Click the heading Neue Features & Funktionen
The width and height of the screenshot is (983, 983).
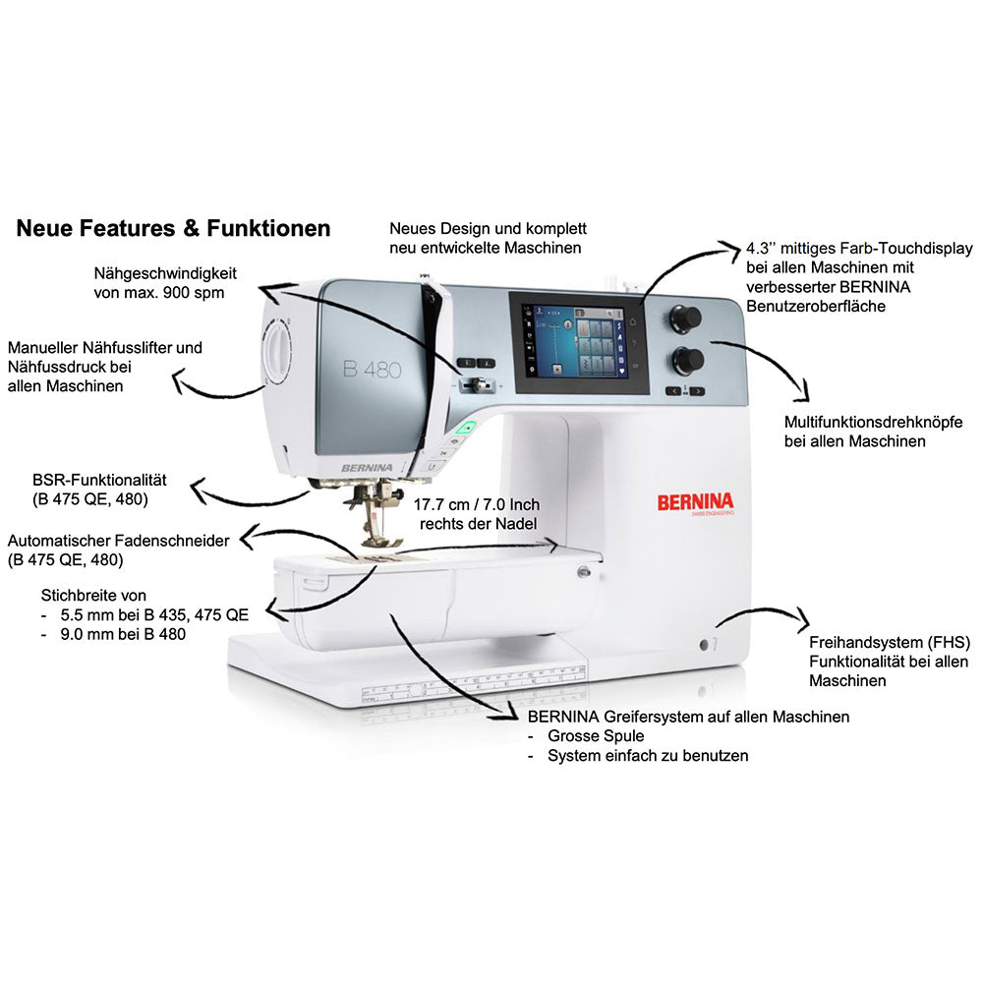(173, 229)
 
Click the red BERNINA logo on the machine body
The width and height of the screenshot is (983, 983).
(702, 501)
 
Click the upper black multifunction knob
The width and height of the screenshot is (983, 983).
(687, 317)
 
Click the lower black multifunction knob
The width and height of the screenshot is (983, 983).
(687, 358)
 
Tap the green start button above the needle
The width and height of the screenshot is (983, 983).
(469, 428)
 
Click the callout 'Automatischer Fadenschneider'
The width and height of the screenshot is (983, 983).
(118, 541)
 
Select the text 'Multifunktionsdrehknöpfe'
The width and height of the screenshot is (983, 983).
(873, 422)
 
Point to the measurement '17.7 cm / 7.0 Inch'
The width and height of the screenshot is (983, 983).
(477, 504)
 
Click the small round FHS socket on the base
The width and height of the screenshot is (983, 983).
(705, 644)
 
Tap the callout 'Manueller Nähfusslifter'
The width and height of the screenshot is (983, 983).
(104, 347)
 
